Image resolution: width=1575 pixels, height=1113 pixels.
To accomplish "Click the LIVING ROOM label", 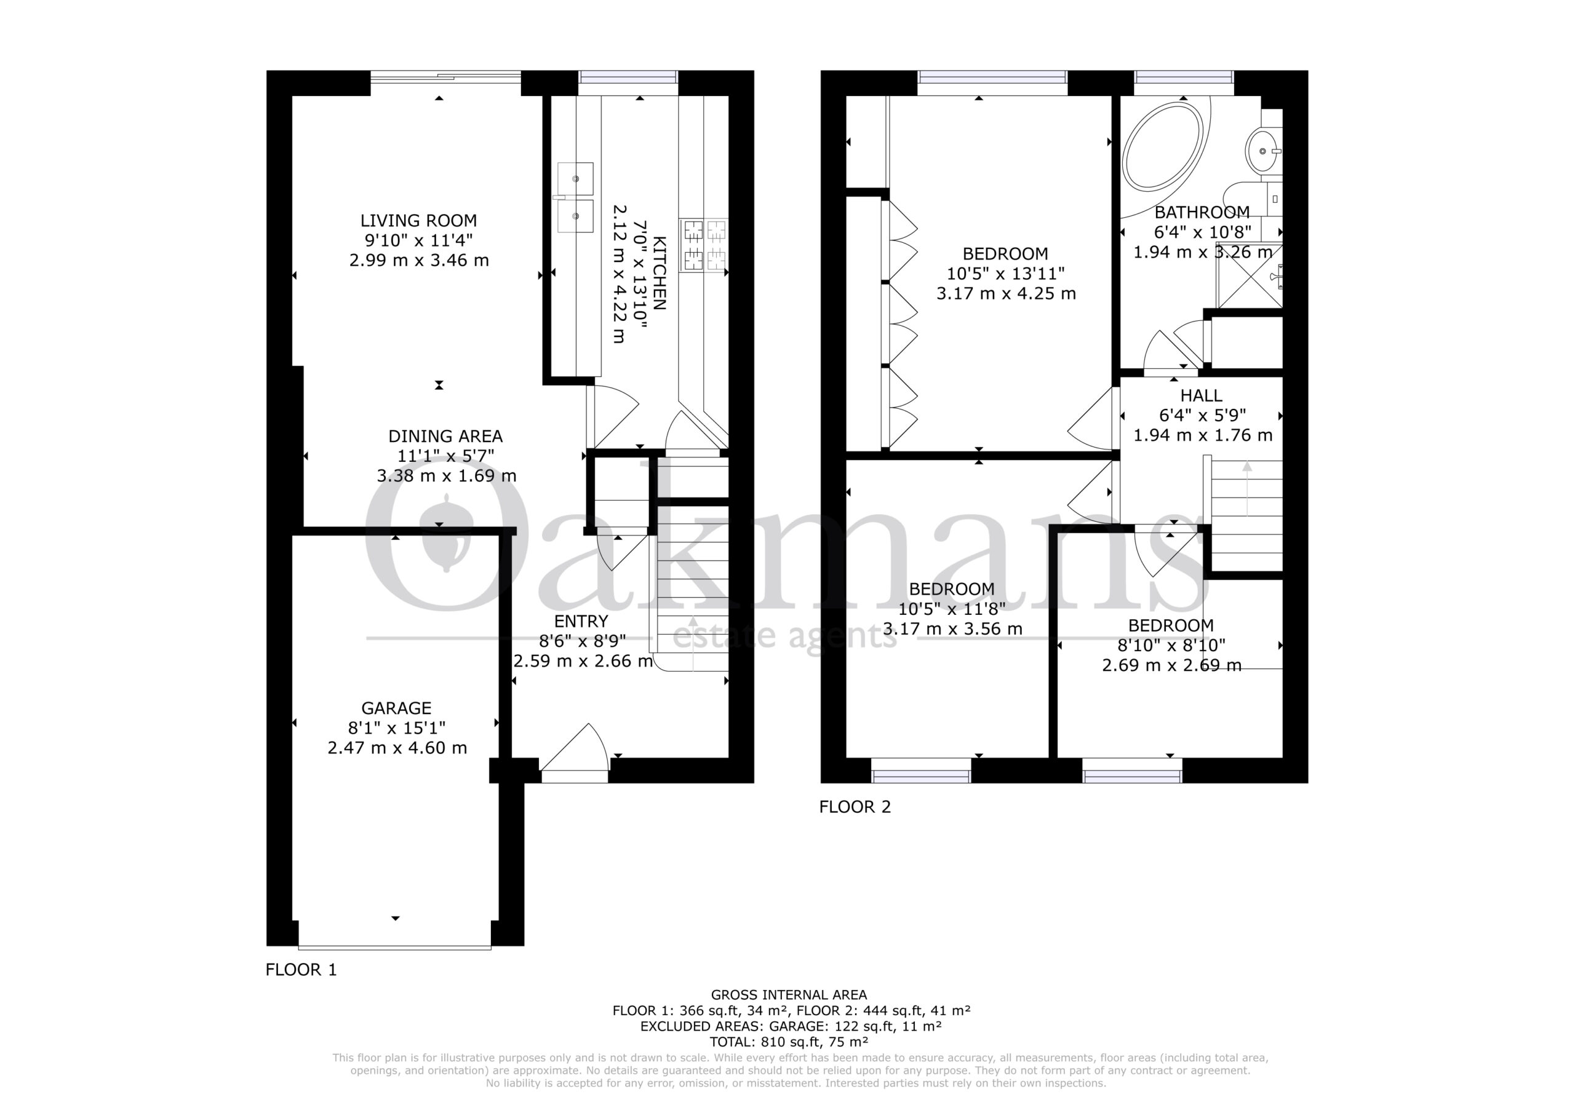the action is click(x=418, y=221).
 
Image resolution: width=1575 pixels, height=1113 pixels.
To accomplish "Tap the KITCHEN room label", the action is click(x=659, y=273).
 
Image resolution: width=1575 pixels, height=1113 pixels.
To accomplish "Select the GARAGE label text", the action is click(x=396, y=708).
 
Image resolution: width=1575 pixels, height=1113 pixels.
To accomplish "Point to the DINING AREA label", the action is click(x=445, y=436).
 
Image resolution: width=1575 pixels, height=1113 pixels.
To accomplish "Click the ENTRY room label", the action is click(x=581, y=621).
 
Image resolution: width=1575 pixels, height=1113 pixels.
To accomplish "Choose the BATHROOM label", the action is click(x=1202, y=213).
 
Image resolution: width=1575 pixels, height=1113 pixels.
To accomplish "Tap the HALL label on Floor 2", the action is click(x=1201, y=395).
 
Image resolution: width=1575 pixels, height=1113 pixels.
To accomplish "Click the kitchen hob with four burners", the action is click(x=704, y=245).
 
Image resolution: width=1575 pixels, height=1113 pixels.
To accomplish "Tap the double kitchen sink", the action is click(x=575, y=197).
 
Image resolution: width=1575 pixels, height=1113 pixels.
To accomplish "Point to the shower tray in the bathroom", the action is click(x=1249, y=275).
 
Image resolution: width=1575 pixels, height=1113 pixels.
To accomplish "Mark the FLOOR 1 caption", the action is click(x=301, y=970).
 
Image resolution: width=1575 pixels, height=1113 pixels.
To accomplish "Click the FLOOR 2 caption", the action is click(x=855, y=806).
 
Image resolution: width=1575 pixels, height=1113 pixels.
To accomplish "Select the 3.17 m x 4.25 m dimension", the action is click(x=1006, y=293).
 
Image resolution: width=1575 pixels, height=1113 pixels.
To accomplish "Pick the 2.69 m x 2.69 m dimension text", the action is click(x=1171, y=665).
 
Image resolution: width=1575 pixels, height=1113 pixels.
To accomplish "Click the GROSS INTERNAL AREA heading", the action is click(x=789, y=994).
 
